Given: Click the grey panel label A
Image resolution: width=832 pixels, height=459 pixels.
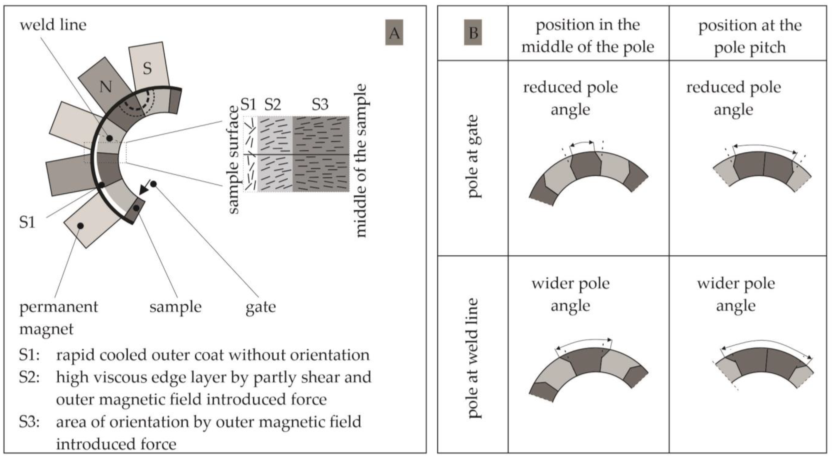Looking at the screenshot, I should [x=394, y=33].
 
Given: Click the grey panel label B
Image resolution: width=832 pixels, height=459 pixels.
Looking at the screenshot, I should [x=473, y=33].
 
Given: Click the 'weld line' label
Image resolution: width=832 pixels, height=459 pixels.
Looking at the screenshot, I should [x=53, y=25].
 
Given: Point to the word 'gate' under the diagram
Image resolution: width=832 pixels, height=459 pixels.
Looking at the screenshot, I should [x=261, y=307].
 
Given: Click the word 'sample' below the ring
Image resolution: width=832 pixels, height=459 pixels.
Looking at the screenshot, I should [x=175, y=307].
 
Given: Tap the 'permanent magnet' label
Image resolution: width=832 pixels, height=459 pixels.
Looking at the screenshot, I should [x=58, y=318].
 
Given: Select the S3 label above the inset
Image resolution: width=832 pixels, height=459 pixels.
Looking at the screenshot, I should [x=320, y=104].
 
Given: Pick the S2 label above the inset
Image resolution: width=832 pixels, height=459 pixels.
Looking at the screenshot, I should [x=273, y=104].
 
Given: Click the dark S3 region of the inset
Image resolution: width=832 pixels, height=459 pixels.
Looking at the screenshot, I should [x=321, y=154].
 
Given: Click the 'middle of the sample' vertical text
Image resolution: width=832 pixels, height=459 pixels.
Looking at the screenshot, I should [x=361, y=161].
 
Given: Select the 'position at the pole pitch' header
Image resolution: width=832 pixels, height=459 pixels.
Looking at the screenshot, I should [x=750, y=36].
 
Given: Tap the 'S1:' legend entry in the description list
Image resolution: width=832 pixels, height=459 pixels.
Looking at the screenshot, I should [x=29, y=355].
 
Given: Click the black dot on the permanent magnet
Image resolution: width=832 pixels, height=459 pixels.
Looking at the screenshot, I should [x=80, y=226].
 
